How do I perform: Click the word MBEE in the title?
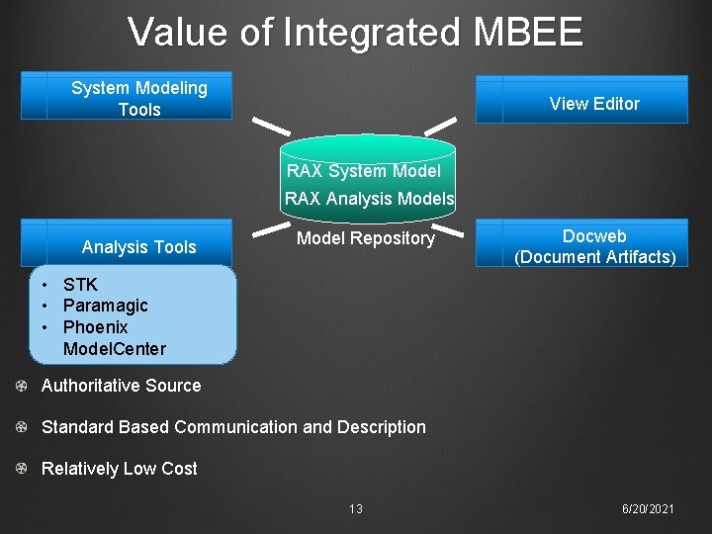[x=528, y=33]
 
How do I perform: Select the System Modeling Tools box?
[x=139, y=97]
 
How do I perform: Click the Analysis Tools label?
[x=139, y=247]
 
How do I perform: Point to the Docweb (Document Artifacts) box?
[x=594, y=246]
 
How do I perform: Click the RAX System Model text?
[x=364, y=171]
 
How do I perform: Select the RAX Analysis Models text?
[x=370, y=199]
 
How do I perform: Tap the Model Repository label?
[x=366, y=238]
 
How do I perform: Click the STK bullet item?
[x=80, y=285]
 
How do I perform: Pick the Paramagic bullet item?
[x=105, y=306]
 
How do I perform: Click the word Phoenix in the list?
[x=95, y=327]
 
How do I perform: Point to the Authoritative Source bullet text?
[x=121, y=386]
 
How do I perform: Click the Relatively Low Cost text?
[x=120, y=469]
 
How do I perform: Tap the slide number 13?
[x=356, y=509]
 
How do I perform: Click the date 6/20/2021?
[x=648, y=508]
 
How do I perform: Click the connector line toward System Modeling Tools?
[x=270, y=126]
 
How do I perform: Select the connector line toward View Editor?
[x=440, y=127]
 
